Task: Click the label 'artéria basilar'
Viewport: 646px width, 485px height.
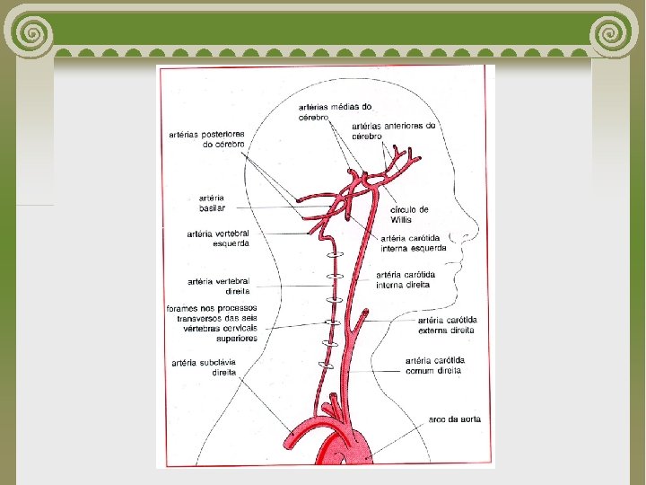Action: pos(212,204)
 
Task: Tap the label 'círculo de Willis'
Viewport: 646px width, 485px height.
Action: pos(410,215)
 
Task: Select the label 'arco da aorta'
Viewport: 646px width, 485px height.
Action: pos(454,419)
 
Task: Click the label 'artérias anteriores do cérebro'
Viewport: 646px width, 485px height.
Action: pos(393,131)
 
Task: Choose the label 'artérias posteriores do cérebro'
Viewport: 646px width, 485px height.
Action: pos(206,139)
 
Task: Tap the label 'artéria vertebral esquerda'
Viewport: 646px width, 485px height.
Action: pos(218,238)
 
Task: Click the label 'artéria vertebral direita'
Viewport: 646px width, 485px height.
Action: pos(218,286)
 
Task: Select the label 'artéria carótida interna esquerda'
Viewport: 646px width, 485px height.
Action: pos(414,243)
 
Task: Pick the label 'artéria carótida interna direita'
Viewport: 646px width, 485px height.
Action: pos(406,279)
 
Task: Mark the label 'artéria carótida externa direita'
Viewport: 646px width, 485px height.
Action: pos(447,325)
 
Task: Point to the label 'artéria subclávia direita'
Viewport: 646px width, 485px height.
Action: pos(204,367)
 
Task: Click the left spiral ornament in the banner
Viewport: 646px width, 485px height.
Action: pos(30,33)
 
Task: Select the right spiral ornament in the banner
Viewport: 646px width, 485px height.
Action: pos(616,33)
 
